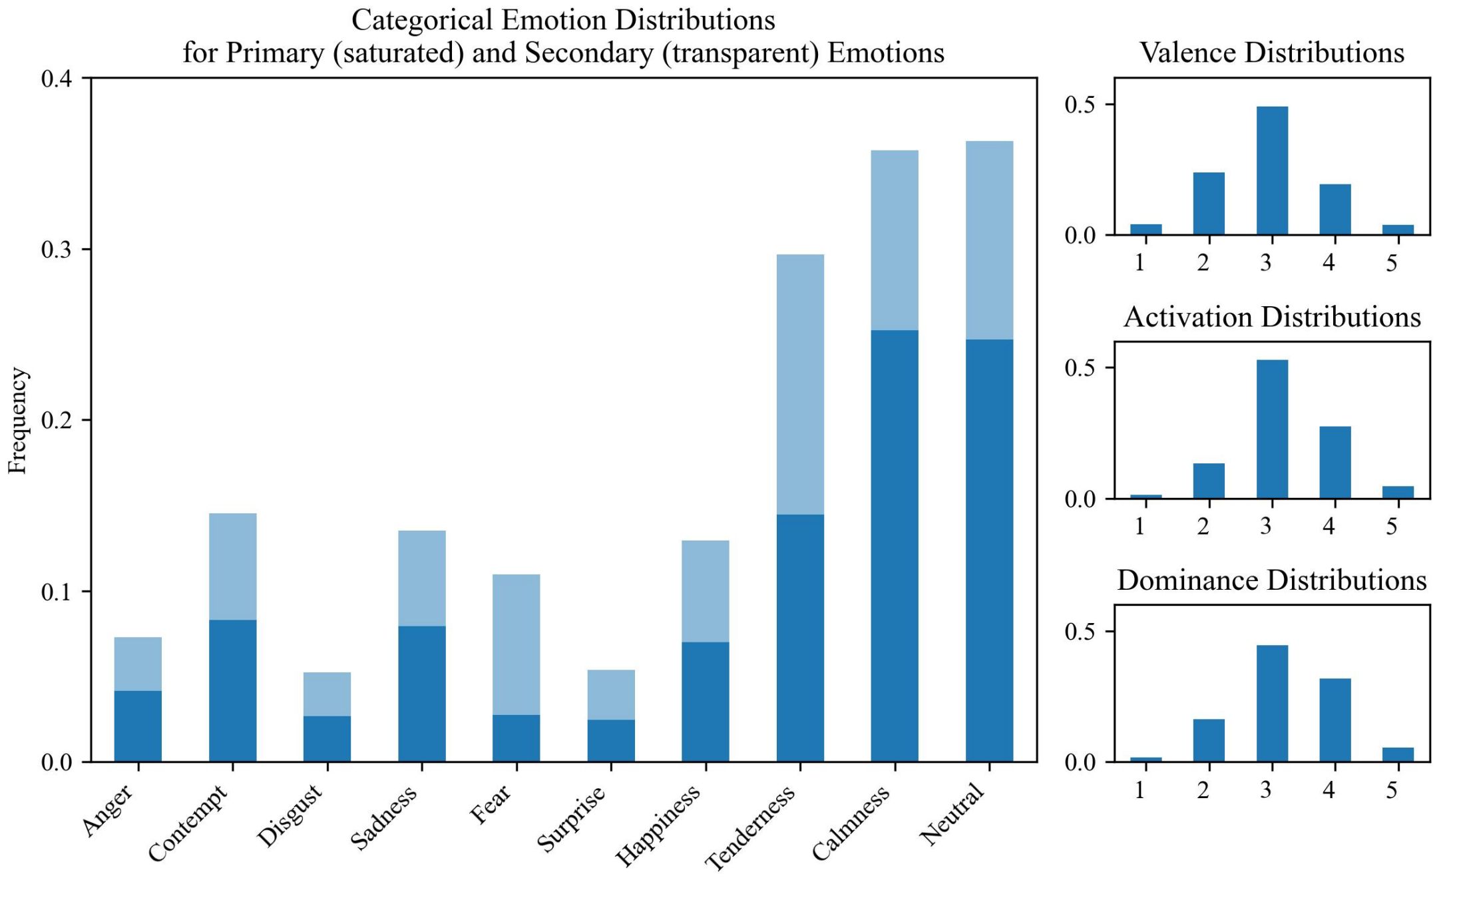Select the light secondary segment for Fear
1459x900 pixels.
click(x=516, y=644)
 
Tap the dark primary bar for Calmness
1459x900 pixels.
click(x=895, y=546)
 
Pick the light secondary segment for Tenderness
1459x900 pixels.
click(x=800, y=384)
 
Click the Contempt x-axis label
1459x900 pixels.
click(x=188, y=823)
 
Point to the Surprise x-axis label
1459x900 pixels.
click(x=571, y=818)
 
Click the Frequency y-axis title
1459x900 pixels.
click(x=18, y=420)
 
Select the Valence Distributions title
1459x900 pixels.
click(x=1271, y=53)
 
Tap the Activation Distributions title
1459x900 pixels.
click(x=1271, y=317)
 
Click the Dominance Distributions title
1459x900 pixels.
click(x=1271, y=580)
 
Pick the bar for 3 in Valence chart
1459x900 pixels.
click(x=1271, y=170)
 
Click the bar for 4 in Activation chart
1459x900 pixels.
click(x=1335, y=462)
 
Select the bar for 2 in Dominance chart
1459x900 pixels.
click(x=1209, y=740)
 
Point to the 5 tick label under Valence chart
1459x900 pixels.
click(x=1392, y=263)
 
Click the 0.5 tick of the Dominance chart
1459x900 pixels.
click(x=1080, y=632)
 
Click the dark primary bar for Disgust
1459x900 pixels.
click(x=327, y=738)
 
